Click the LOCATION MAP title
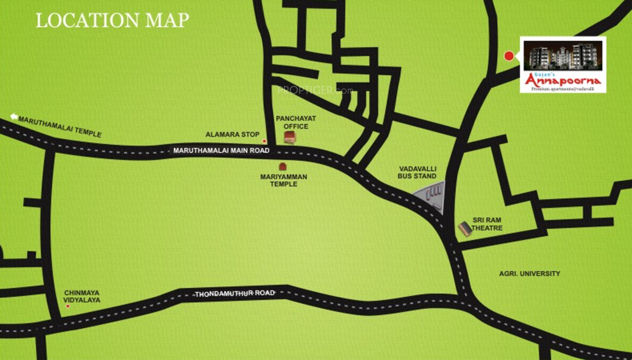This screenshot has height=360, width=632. pyautogui.click(x=112, y=20)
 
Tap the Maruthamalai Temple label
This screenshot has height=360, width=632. pyautogui.click(x=60, y=126)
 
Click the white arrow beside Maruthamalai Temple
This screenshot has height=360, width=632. pyautogui.click(x=14, y=117)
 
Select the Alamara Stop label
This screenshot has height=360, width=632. pyautogui.click(x=232, y=135)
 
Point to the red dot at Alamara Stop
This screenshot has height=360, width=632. pyautogui.click(x=265, y=141)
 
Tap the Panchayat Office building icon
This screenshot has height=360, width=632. pyautogui.click(x=290, y=137)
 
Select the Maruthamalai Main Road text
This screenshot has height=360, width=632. pyautogui.click(x=221, y=150)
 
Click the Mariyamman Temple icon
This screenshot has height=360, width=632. pyautogui.click(x=283, y=166)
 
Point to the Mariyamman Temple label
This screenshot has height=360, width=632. pyautogui.click(x=283, y=181)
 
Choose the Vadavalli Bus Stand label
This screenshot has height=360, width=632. pyautogui.click(x=417, y=172)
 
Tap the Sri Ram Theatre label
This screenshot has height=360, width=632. pyautogui.click(x=487, y=224)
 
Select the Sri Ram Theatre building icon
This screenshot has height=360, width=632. pyautogui.click(x=465, y=228)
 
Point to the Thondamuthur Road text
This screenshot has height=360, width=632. pyautogui.click(x=235, y=294)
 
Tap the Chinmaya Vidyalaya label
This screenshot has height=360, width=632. pyautogui.click(x=82, y=297)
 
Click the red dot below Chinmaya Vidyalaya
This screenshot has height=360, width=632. pyautogui.click(x=67, y=306)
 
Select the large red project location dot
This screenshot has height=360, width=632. pyautogui.click(x=509, y=56)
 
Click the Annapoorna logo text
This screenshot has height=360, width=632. pyautogui.click(x=562, y=80)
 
